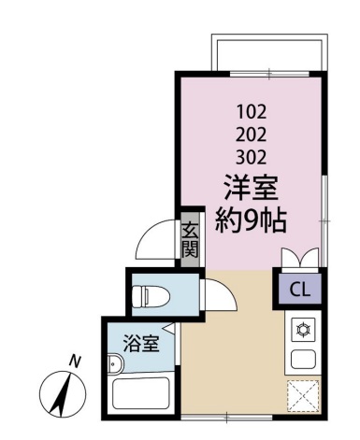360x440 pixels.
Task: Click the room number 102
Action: (x=252, y=112)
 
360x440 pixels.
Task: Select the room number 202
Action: (x=252, y=135)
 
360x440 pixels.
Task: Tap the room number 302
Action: (x=252, y=157)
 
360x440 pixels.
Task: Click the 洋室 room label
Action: (x=252, y=188)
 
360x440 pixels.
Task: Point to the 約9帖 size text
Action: (x=251, y=220)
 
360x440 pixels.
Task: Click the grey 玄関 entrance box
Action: (x=190, y=240)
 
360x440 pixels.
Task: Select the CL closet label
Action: (x=300, y=290)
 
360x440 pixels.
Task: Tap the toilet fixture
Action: (x=151, y=295)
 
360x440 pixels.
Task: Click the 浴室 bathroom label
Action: (x=141, y=344)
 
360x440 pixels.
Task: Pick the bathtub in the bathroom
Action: (x=141, y=393)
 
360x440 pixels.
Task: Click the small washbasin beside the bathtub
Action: (x=116, y=364)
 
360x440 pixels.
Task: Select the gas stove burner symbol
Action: (x=303, y=330)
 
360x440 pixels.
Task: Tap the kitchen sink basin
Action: (x=303, y=360)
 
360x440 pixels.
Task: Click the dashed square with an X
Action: (x=303, y=396)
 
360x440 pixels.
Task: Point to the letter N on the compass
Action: (x=75, y=361)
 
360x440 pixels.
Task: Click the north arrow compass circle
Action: (x=63, y=394)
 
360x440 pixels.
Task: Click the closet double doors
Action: (x=300, y=257)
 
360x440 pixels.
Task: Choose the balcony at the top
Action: (x=269, y=52)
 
